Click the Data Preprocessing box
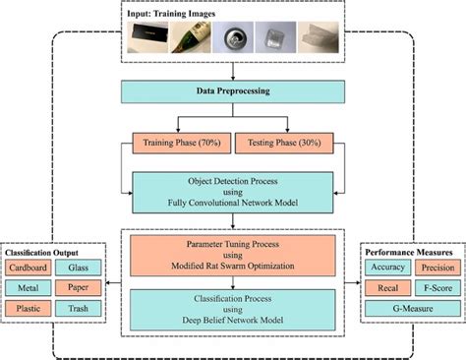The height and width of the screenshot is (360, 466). click(x=233, y=92)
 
